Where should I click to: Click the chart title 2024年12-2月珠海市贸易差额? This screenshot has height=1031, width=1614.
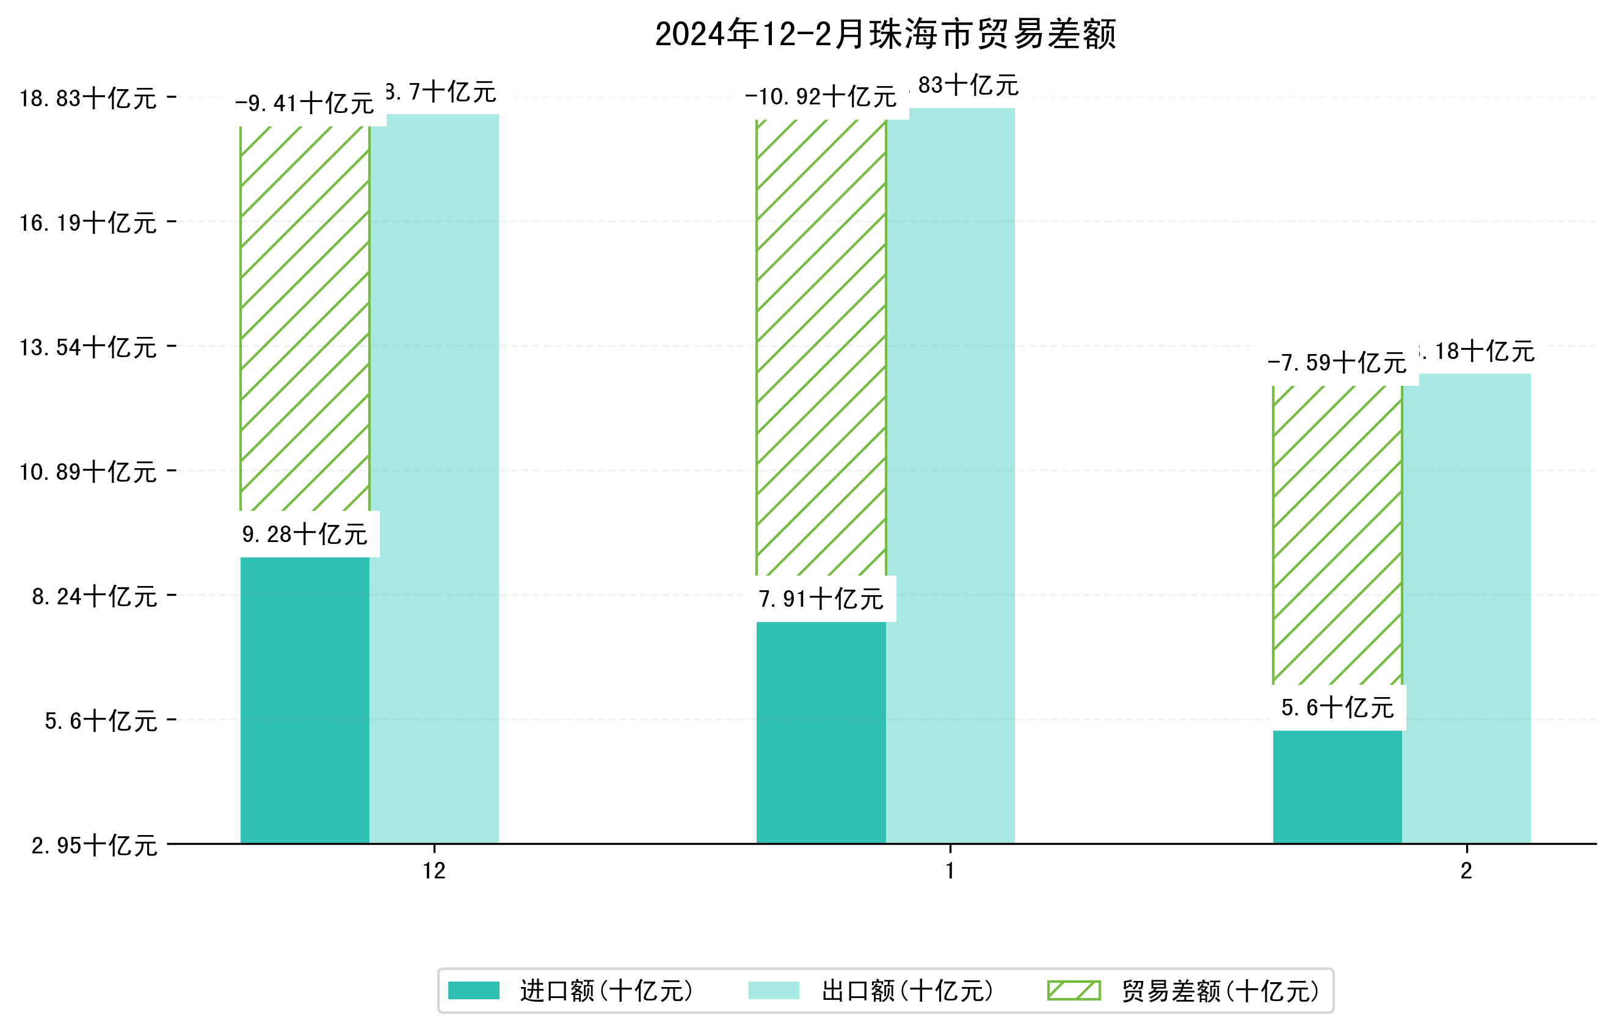tap(885, 34)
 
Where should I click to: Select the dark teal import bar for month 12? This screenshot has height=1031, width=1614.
tap(305, 700)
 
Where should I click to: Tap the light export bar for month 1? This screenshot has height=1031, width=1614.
tap(950, 476)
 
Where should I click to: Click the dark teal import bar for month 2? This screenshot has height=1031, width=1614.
tap(1337, 787)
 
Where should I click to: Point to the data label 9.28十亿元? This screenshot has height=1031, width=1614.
tap(305, 535)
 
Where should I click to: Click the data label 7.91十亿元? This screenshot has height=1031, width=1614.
tap(821, 599)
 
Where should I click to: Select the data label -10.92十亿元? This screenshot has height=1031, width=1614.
tap(821, 98)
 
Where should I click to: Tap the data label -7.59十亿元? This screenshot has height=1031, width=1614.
tap(1337, 364)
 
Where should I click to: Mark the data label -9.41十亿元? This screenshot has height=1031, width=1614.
tap(305, 104)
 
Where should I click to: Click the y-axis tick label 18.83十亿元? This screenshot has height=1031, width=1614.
tap(88, 99)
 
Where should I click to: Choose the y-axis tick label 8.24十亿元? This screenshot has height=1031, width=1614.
tap(95, 596)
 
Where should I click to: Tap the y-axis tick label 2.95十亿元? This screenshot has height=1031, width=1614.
tap(95, 845)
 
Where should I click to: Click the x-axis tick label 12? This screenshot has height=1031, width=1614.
tap(434, 871)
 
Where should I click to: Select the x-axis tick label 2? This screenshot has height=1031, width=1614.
tap(1467, 871)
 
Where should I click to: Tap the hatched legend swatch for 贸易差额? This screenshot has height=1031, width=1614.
tap(1074, 991)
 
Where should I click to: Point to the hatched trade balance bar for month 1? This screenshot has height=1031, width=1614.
tap(821, 349)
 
